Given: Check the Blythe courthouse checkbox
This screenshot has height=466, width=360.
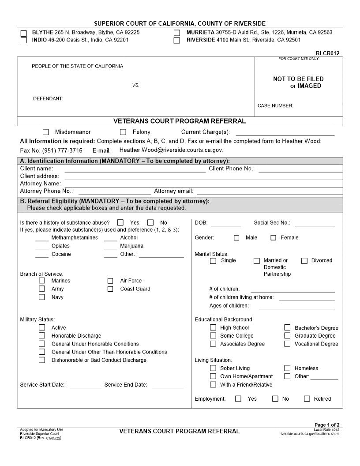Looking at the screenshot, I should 24,33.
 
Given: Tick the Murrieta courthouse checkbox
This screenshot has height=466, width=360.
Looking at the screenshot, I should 177,33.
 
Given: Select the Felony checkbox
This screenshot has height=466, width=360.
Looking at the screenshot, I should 123,132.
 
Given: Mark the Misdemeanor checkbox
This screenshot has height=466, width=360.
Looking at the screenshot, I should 46,132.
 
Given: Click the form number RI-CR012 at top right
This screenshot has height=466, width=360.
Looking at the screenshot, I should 327,53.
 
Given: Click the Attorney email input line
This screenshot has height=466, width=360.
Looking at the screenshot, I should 269,192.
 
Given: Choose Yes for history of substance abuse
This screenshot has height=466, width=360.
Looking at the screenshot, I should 120,223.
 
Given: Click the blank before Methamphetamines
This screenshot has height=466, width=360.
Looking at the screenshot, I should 42,238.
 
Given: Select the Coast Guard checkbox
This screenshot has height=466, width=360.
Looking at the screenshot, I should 110,289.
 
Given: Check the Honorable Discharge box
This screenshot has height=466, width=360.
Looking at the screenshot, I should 42,336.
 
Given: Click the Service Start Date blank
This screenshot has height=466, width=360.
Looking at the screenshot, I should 85,385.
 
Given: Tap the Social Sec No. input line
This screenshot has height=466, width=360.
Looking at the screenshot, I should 315,223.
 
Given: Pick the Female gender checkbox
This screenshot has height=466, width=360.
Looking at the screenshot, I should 273,238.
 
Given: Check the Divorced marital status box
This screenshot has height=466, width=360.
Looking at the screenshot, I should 304,261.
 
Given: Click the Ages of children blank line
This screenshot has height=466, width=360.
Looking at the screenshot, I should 296,306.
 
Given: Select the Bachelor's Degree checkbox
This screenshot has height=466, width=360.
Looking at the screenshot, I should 287,328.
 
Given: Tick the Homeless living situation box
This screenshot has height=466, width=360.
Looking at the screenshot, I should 287,368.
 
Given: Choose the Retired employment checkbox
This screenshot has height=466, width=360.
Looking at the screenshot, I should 307,399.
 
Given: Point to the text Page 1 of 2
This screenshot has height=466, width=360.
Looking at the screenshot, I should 326,425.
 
